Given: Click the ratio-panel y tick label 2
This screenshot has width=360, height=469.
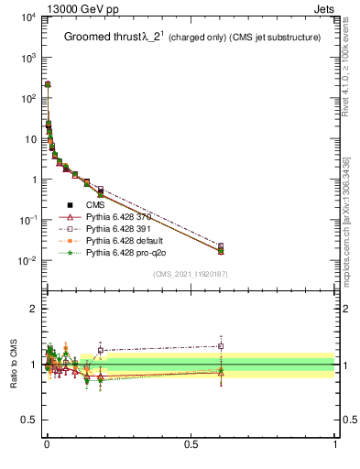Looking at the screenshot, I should pos(32,309).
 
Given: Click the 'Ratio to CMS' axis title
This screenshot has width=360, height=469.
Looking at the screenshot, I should pos(14,365).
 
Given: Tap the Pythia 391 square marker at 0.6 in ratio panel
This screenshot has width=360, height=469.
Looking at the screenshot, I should pos(221,345).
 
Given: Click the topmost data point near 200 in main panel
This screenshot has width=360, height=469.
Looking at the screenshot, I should pos(48,84).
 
